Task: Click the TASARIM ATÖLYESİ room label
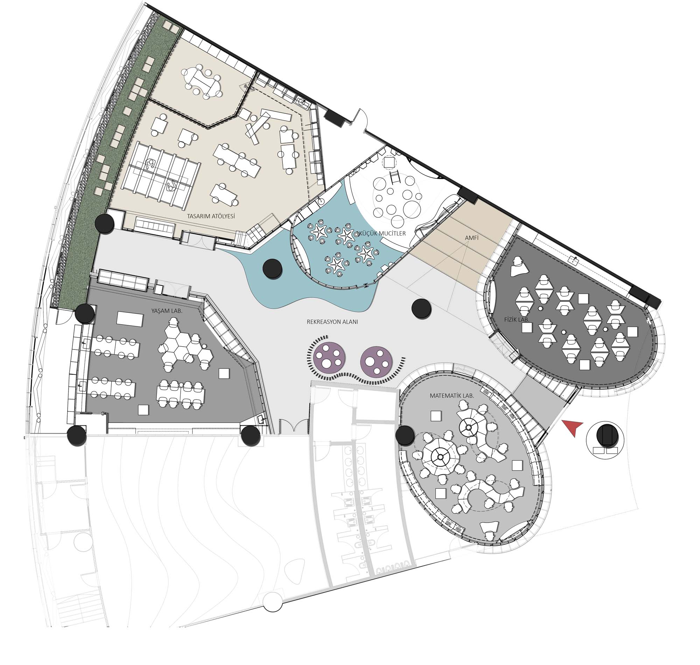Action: (211, 216)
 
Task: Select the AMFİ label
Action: (472, 238)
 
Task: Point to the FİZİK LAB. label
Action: (517, 319)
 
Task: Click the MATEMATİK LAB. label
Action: (452, 396)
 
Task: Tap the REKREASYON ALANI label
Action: (332, 322)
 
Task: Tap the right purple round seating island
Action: (376, 362)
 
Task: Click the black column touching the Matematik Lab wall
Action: (405, 435)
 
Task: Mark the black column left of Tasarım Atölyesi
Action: (105, 223)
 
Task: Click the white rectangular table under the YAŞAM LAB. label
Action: (130, 319)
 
